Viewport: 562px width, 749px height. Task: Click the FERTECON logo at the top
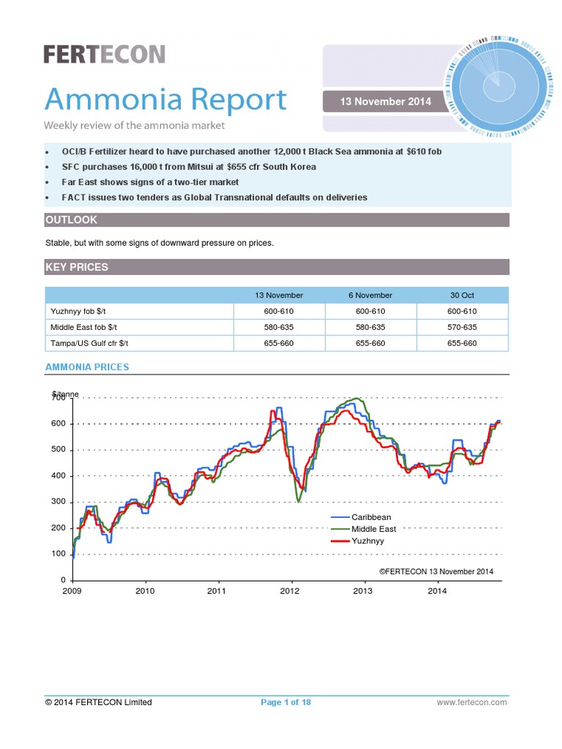click(104, 54)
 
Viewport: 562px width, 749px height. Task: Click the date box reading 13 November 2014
click(384, 102)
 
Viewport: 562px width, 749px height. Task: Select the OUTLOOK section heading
click(71, 220)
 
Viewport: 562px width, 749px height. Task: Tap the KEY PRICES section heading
click(77, 268)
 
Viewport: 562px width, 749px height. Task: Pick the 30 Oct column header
click(462, 296)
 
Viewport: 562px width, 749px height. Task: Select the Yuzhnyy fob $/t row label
click(83, 311)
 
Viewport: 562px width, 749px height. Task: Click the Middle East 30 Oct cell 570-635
click(462, 327)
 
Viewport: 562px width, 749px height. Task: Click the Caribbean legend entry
click(371, 517)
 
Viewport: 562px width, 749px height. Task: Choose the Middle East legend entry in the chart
click(373, 529)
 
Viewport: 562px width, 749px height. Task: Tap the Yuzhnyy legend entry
click(367, 541)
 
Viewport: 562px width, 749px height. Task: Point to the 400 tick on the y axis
click(58, 476)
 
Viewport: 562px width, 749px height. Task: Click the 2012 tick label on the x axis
click(291, 591)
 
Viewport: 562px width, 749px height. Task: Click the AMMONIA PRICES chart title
click(87, 367)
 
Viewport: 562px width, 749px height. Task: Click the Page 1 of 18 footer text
click(285, 702)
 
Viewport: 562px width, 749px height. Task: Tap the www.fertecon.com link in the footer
click(471, 702)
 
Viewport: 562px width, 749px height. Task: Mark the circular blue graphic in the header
click(496, 85)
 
